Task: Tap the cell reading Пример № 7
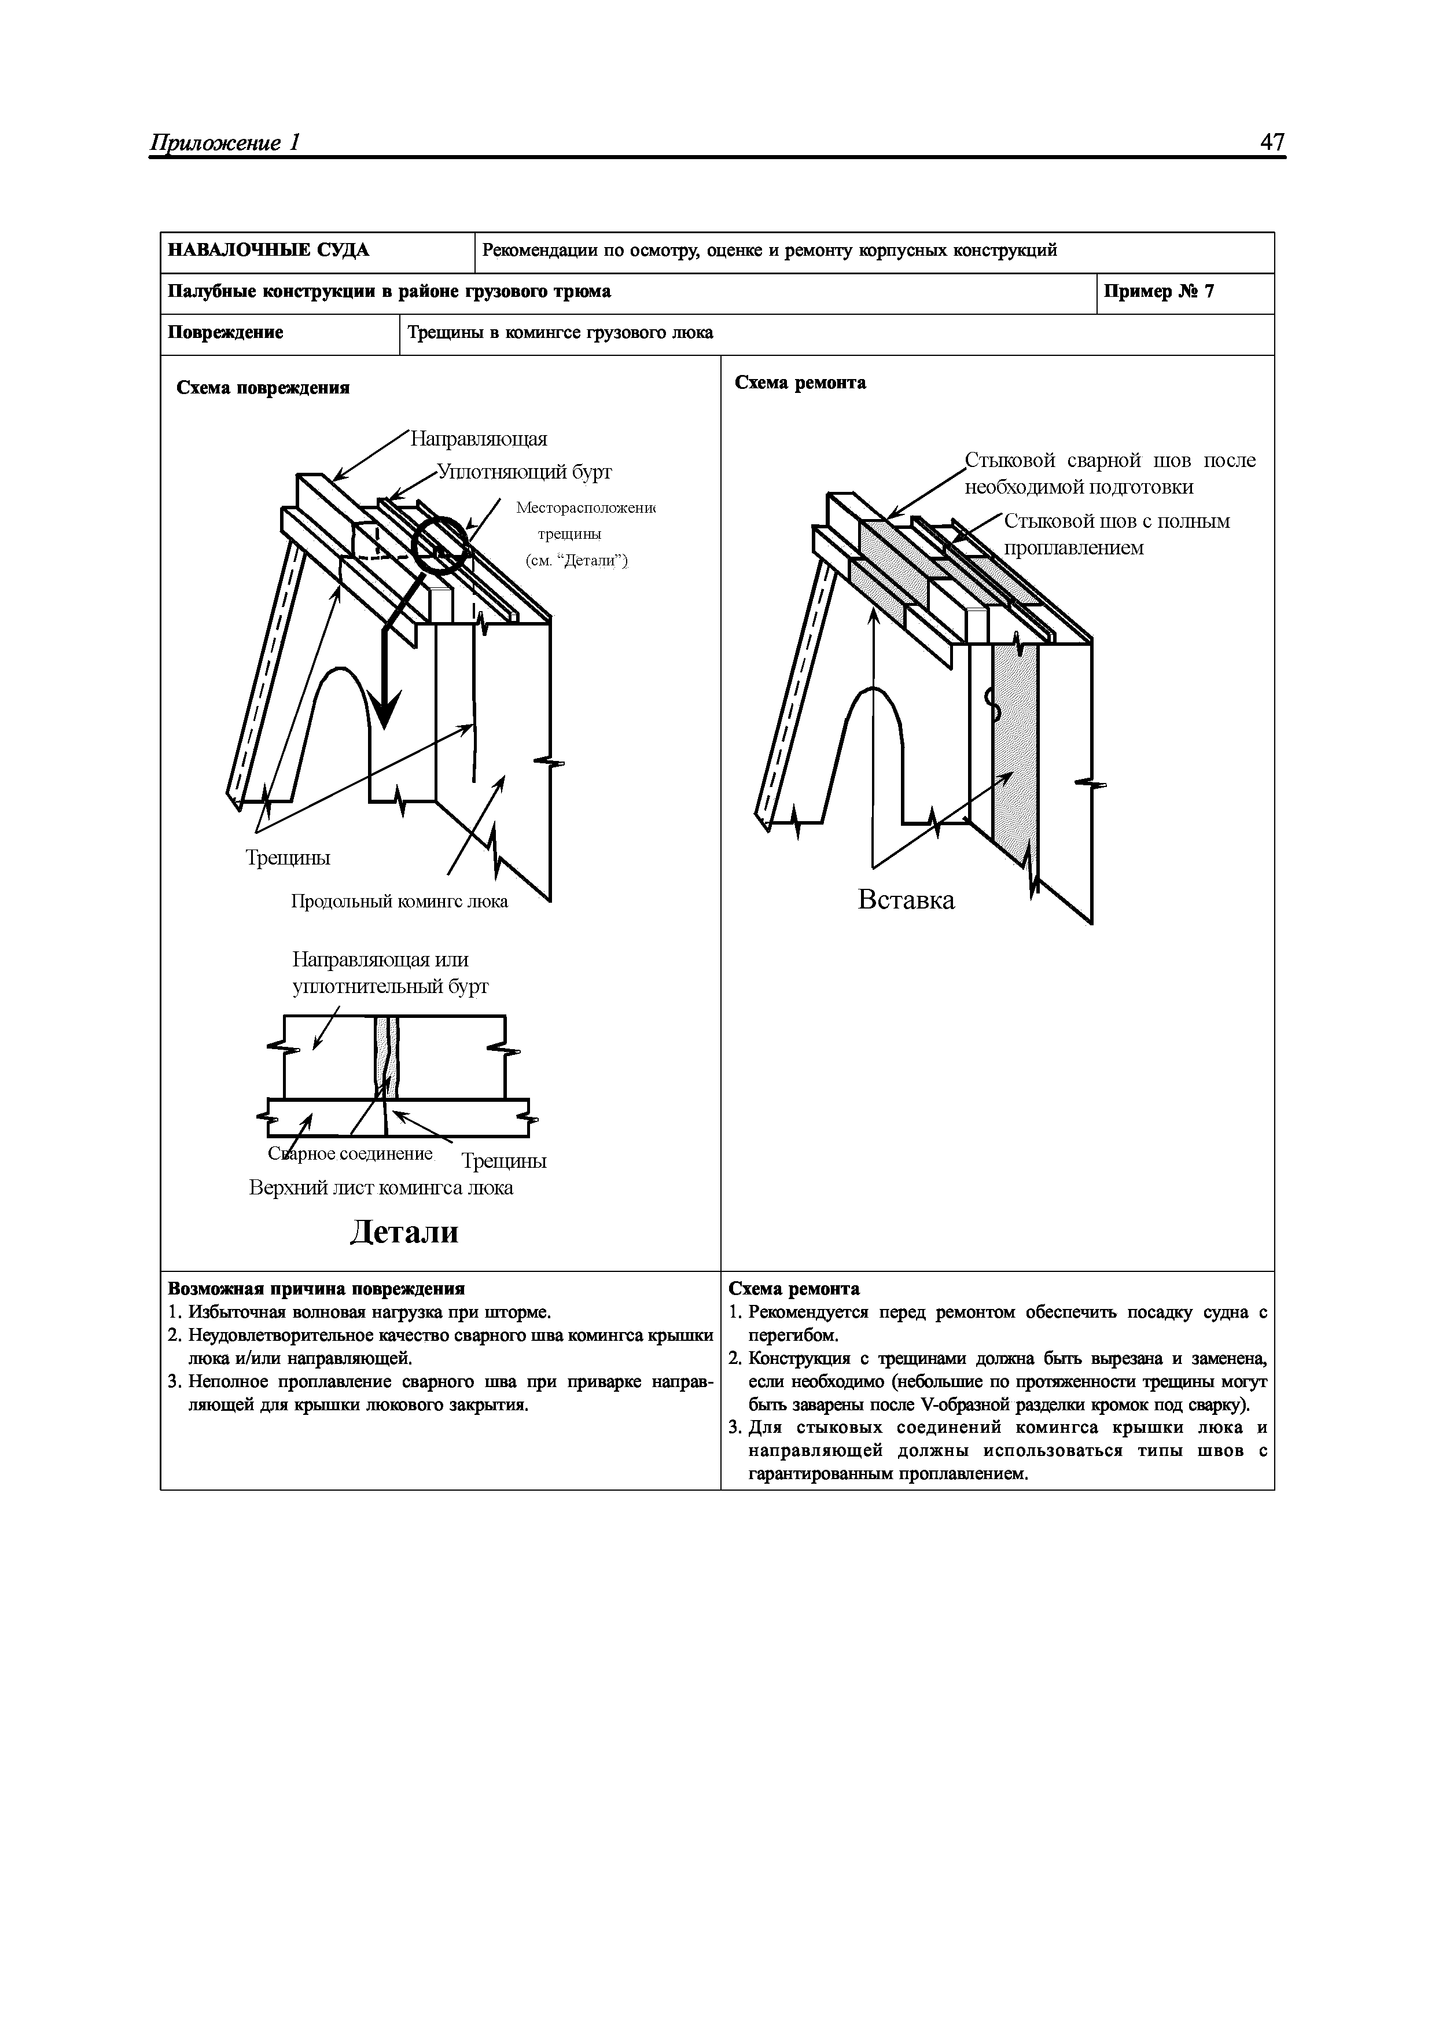click(1159, 292)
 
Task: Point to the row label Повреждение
click(226, 333)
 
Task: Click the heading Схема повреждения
click(263, 388)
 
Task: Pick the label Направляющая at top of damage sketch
click(479, 439)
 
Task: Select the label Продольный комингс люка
click(400, 902)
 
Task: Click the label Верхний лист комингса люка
click(381, 1187)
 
